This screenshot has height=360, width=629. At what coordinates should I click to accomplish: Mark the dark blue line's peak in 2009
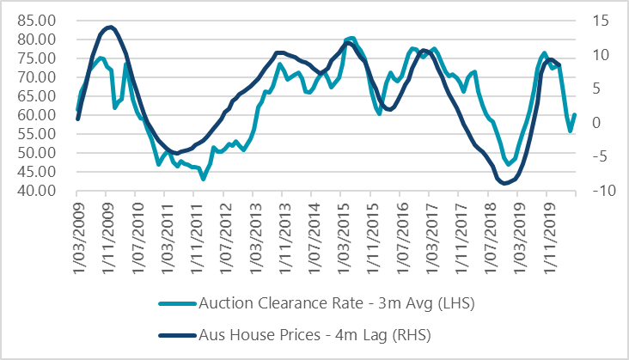[x=110, y=27]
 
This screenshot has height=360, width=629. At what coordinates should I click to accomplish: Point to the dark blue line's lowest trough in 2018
[x=505, y=183]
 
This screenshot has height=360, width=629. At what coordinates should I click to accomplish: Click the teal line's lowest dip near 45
[x=203, y=179]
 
